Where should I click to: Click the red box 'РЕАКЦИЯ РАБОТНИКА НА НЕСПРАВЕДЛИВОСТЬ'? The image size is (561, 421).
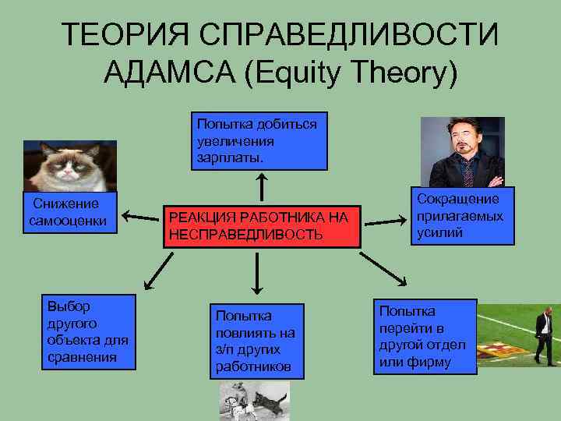point(262,226)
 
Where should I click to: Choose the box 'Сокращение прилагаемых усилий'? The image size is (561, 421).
point(463,215)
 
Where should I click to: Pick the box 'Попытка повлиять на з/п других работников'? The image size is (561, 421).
point(256,341)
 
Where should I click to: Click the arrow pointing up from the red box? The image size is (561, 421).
point(263,187)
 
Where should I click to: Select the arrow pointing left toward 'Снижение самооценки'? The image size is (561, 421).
point(140,216)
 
